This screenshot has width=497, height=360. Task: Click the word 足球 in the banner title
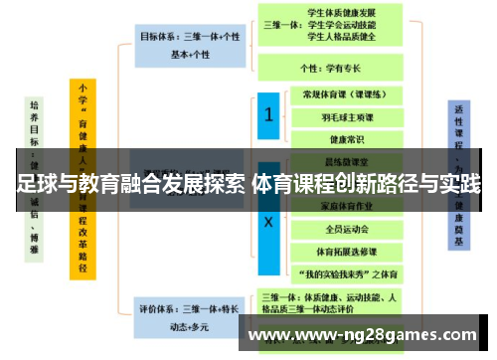37,184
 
